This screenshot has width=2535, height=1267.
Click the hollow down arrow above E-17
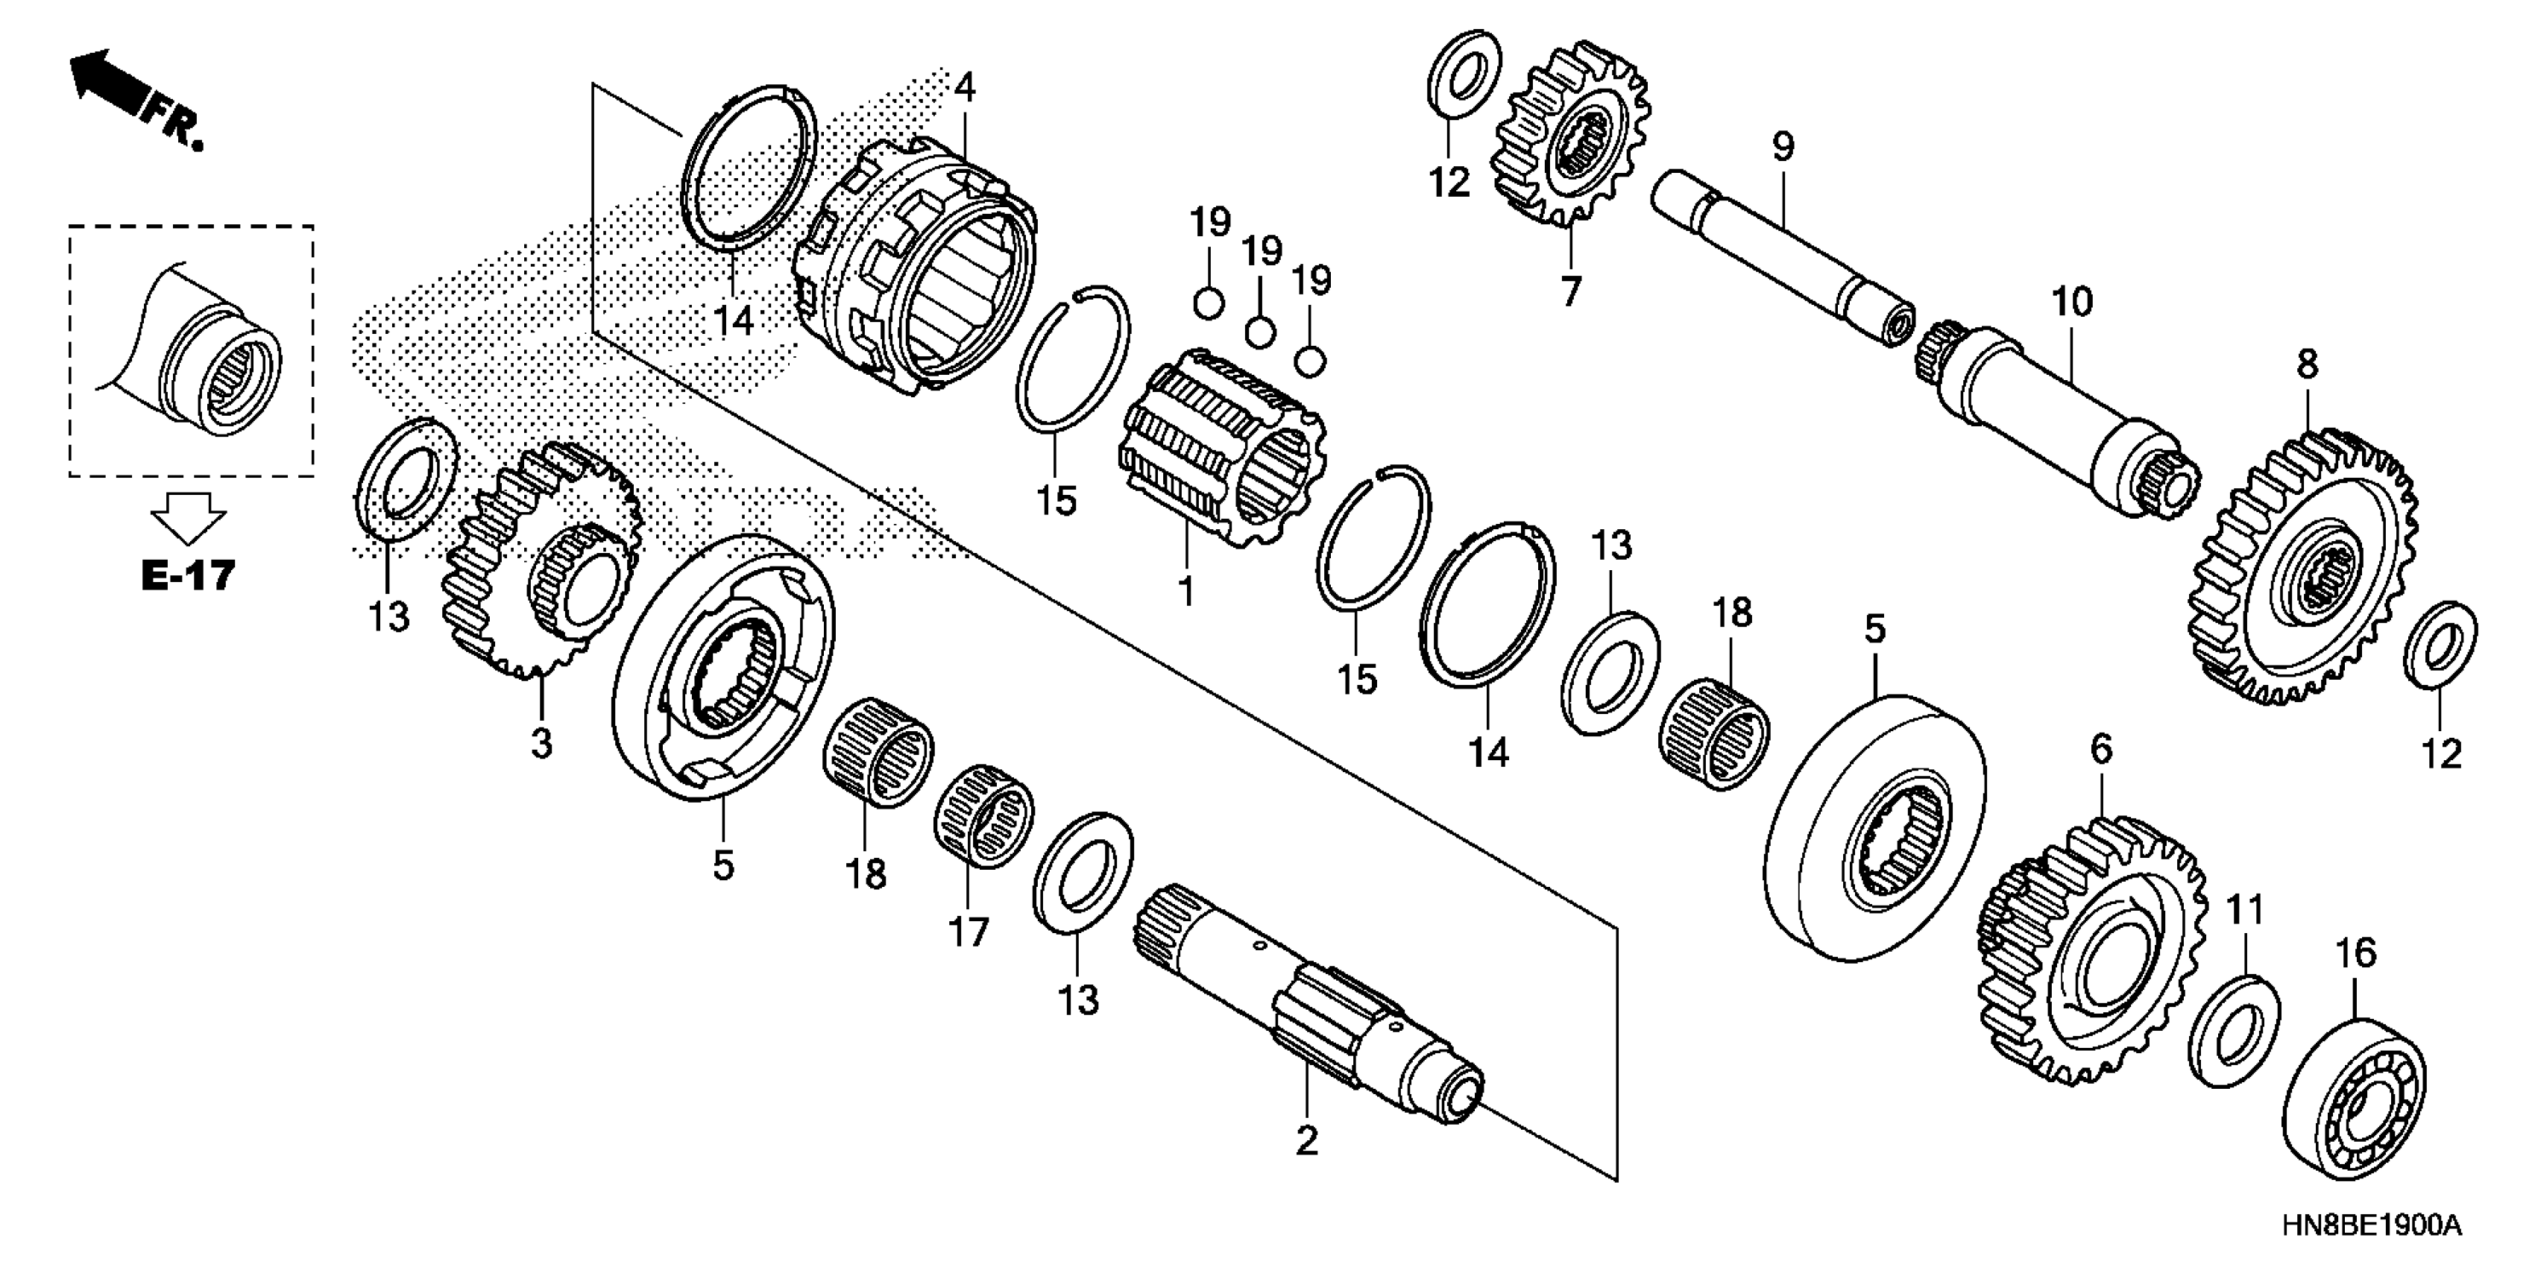(x=188, y=517)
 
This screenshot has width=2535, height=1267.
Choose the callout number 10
(x=2070, y=301)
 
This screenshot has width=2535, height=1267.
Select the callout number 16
(x=2355, y=952)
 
